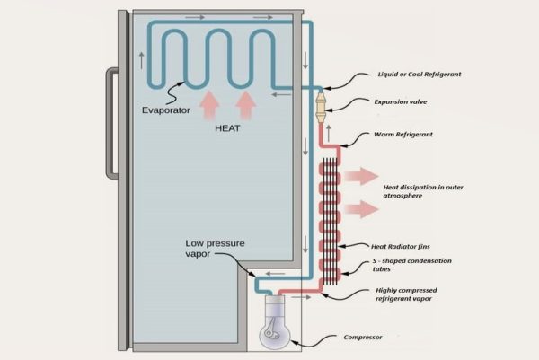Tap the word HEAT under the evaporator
pos(227,127)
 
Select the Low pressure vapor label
pos(216,249)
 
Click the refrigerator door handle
pos(111,123)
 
